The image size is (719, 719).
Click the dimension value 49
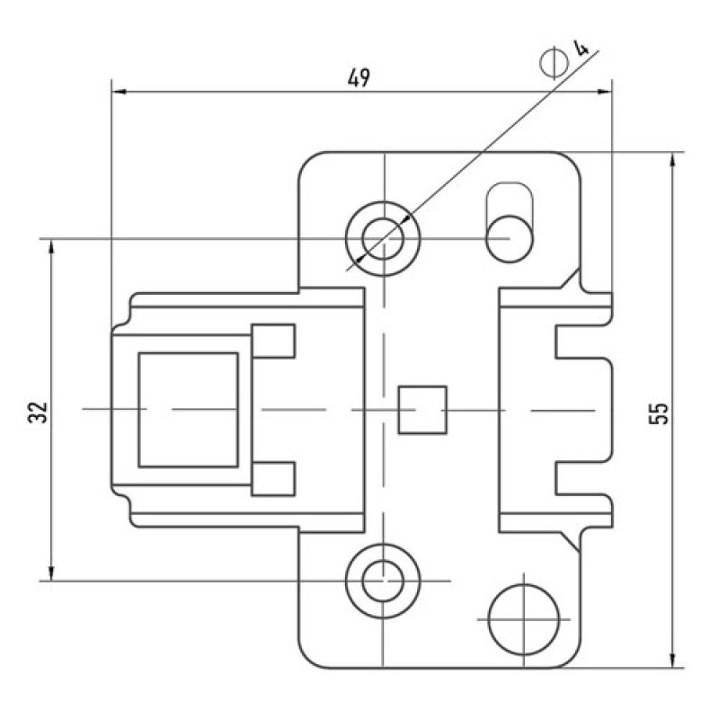[x=358, y=78]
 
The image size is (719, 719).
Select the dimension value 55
[x=659, y=413]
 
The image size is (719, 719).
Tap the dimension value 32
[x=38, y=413]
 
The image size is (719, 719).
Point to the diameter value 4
[x=581, y=48]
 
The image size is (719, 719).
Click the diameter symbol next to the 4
[x=554, y=62]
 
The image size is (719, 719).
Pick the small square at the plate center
[x=422, y=410]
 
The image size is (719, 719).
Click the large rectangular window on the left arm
[x=189, y=410]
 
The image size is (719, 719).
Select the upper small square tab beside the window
[x=273, y=341]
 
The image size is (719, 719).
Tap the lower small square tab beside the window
[x=273, y=479]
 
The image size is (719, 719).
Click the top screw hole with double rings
[x=383, y=238]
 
